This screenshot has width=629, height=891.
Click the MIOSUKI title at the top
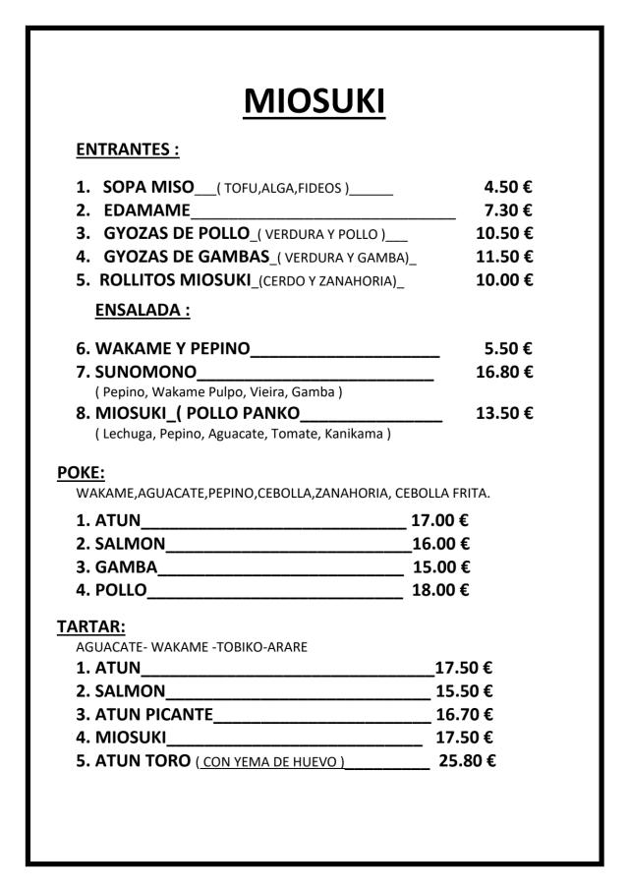[314, 101]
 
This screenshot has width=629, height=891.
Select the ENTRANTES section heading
[128, 150]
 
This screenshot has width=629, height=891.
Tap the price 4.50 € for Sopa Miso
[508, 186]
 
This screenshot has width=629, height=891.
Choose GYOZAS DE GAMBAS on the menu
[187, 257]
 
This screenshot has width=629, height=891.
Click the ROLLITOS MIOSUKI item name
[175, 280]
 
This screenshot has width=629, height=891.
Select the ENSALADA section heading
[142, 311]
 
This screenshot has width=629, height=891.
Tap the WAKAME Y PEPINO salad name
[173, 348]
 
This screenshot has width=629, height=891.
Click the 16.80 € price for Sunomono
[504, 372]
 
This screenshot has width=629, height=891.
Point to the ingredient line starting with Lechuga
[243, 434]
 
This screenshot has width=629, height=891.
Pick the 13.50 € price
[504, 413]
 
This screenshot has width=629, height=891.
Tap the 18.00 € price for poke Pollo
[439, 590]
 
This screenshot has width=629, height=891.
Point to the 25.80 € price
[467, 760]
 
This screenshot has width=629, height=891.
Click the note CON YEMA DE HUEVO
[270, 762]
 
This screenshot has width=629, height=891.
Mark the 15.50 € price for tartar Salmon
[464, 689]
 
